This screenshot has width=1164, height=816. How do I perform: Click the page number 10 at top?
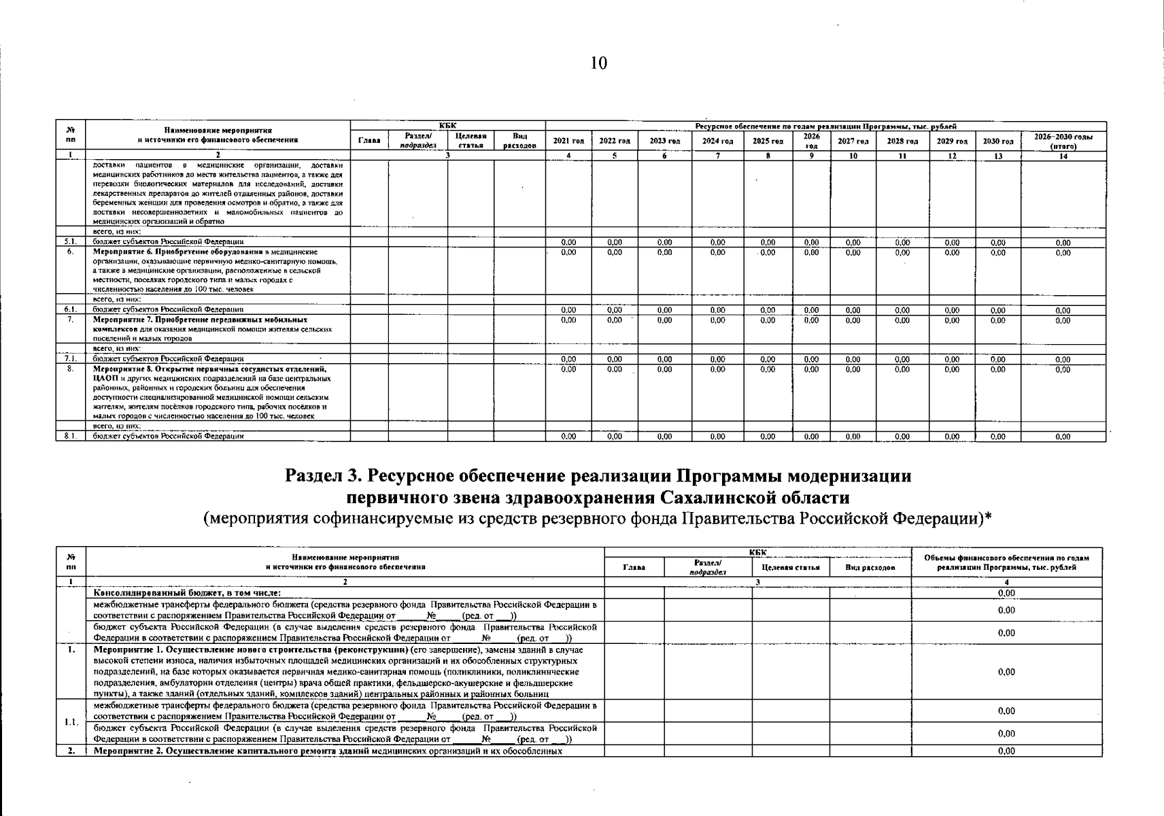598,64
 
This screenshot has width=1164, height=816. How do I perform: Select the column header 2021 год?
568,141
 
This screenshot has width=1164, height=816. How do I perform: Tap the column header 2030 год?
997,141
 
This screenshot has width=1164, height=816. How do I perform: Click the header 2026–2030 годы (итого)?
1063,141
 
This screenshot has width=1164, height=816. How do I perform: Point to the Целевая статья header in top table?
470,141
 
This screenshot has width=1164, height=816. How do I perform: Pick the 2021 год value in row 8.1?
568,437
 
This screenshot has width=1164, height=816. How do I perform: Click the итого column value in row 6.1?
1063,311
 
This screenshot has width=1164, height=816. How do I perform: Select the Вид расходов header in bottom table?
870,567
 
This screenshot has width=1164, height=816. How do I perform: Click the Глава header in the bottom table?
634,567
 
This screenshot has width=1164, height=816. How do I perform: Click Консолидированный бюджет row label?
187,593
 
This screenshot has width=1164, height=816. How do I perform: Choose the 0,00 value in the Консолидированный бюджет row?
1006,593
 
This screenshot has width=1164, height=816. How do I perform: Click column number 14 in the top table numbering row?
1063,156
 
